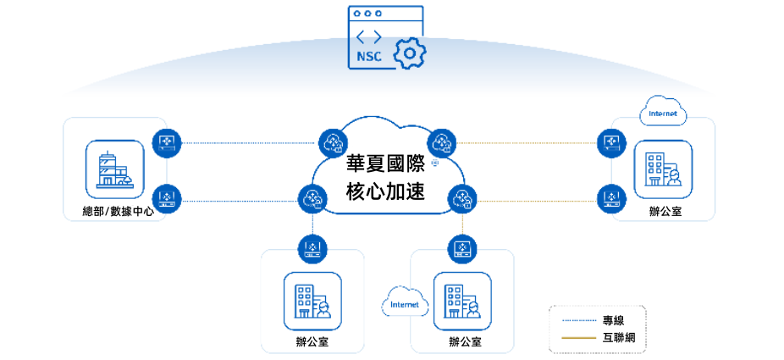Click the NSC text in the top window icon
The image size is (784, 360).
[369, 57]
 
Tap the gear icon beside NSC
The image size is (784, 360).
[410, 53]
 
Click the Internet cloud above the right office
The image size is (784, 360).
[663, 113]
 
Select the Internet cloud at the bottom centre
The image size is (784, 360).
[405, 303]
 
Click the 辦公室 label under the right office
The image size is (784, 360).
[664, 212]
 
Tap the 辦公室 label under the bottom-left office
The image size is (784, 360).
[312, 342]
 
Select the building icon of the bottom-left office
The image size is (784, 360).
[312, 301]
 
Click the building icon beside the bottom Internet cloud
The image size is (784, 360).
[462, 301]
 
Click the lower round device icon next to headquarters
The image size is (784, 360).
[167, 200]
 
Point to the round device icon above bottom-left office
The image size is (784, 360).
[312, 249]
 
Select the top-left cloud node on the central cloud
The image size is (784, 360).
[332, 142]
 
